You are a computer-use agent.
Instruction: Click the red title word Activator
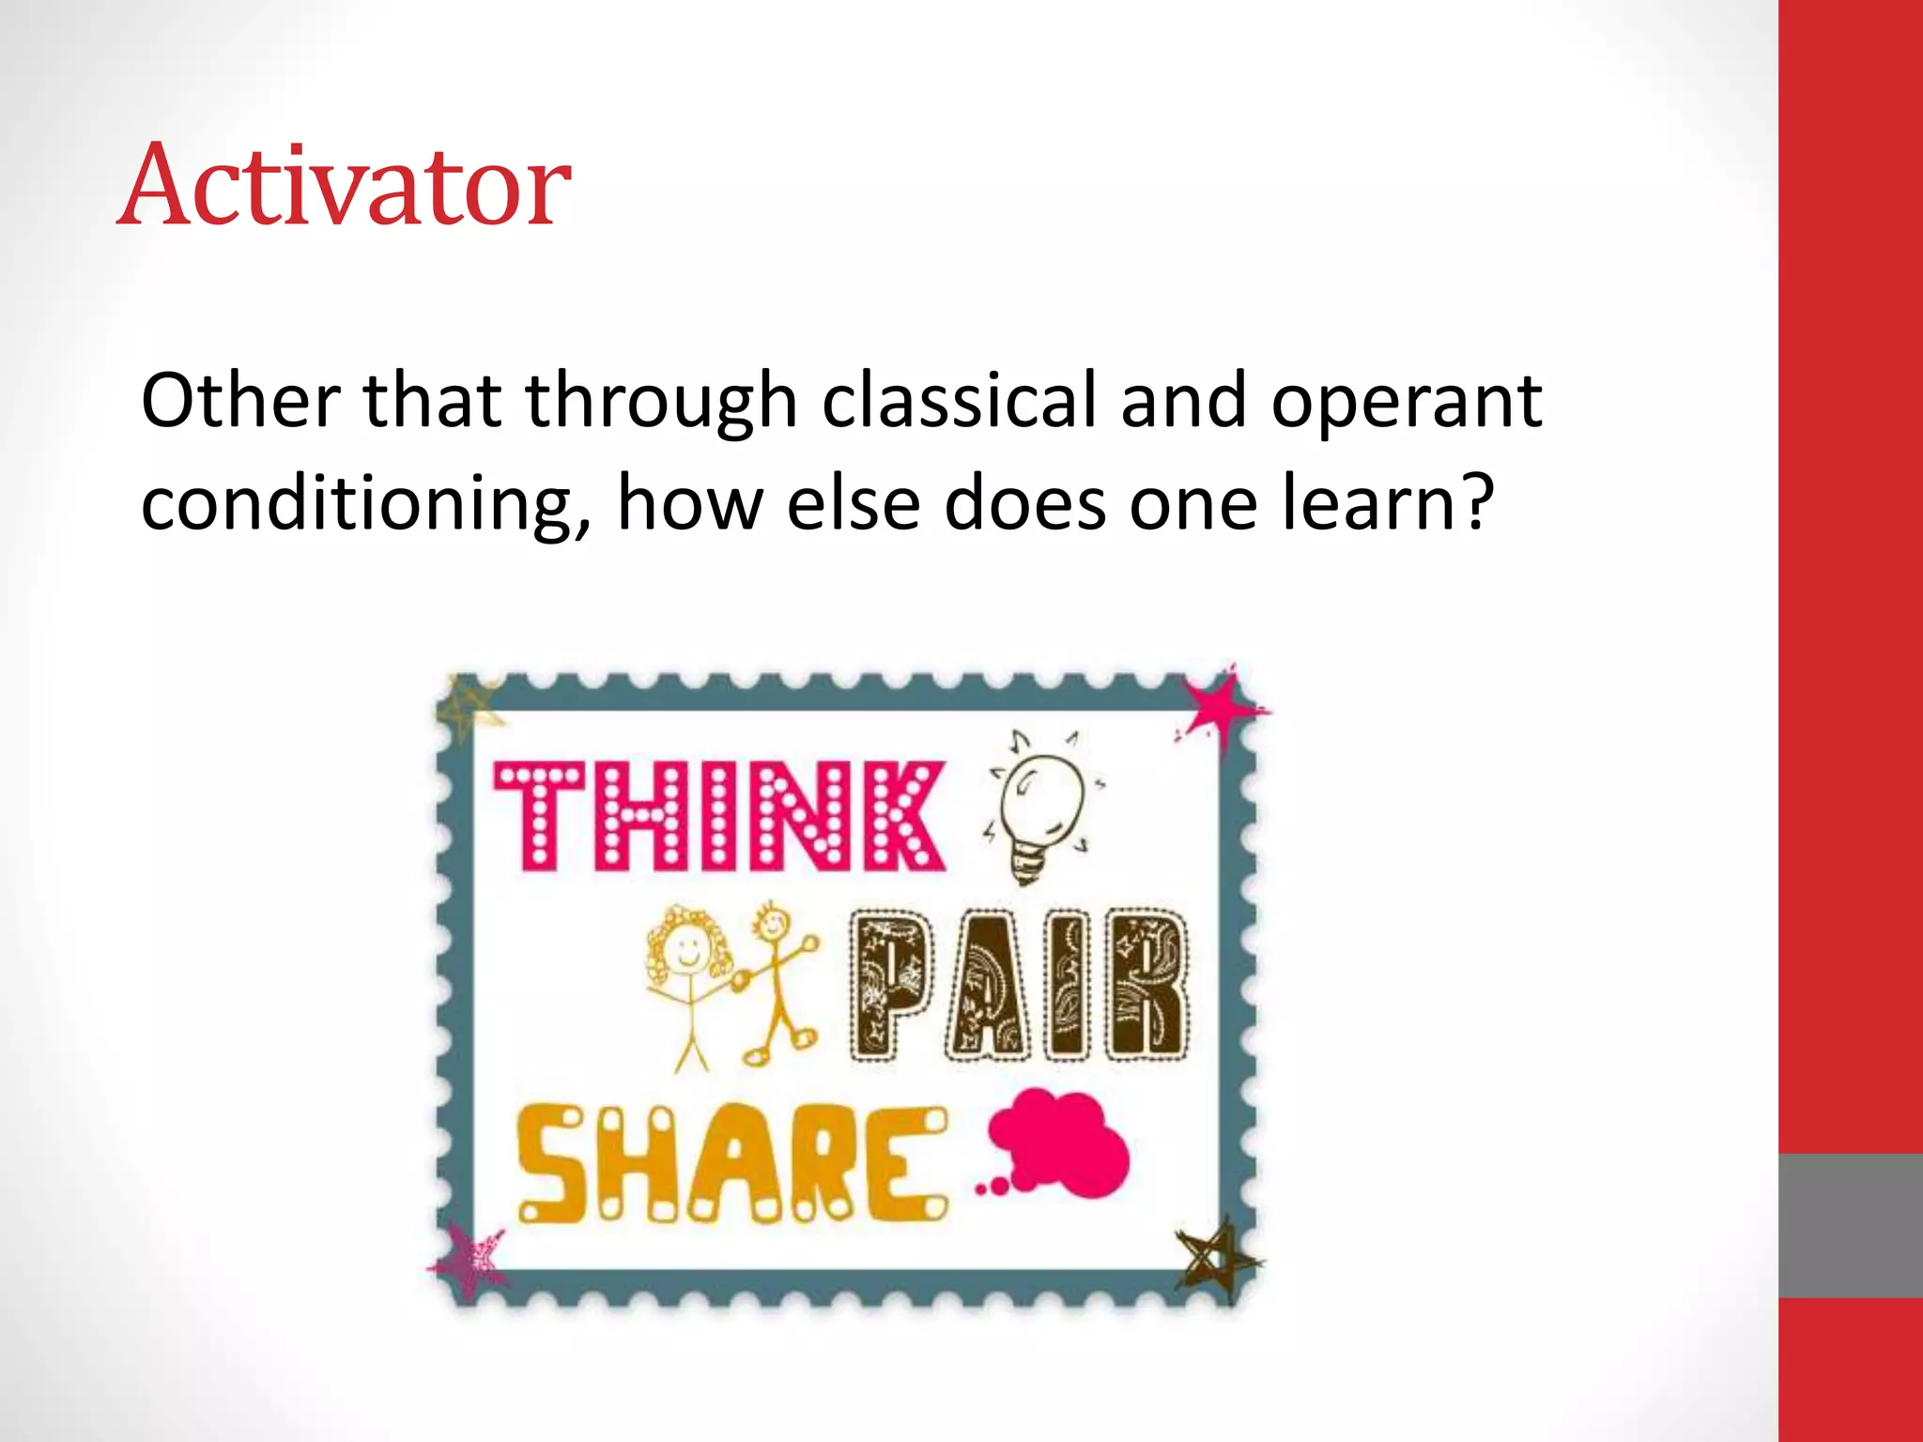tap(344, 185)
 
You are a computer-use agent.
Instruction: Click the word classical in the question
tap(959, 401)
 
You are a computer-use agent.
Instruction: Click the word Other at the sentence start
tap(240, 401)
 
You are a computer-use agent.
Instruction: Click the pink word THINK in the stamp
tap(719, 815)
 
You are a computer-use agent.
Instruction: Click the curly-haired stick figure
tap(690, 976)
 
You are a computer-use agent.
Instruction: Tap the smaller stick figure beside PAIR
tap(777, 981)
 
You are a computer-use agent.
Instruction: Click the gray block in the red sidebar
tap(1850, 1225)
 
